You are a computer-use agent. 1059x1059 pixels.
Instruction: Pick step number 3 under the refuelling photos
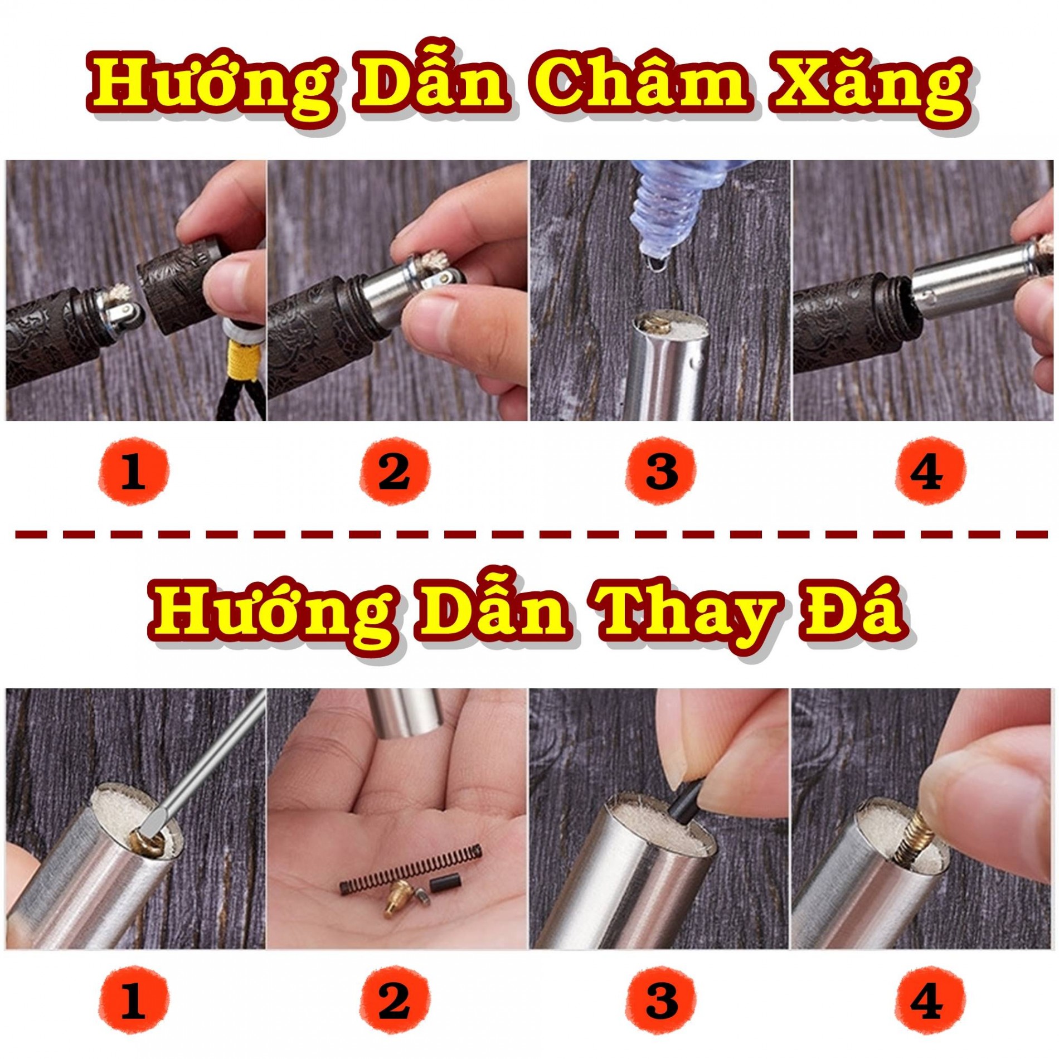click(661, 472)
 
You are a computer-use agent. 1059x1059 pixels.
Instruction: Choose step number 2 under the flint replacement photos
click(395, 1000)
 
